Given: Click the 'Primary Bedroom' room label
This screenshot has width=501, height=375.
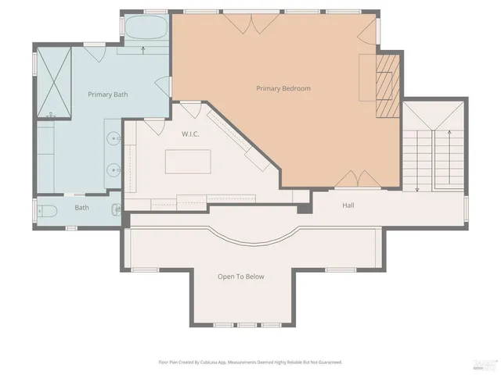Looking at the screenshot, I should pos(283,88).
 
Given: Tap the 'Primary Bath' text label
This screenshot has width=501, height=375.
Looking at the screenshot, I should pos(108,95).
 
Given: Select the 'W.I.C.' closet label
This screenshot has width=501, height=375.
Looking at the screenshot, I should pos(190,134).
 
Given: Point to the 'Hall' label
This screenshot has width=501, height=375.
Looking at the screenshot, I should pos(349,205).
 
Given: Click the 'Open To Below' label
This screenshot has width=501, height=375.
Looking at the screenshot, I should pos(240,277).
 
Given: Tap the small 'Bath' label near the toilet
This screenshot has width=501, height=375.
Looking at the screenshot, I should pos(82,208).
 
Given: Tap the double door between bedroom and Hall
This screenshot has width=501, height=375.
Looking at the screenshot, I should pos(349,179).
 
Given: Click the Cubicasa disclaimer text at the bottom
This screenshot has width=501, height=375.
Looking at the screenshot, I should pos(250,362).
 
